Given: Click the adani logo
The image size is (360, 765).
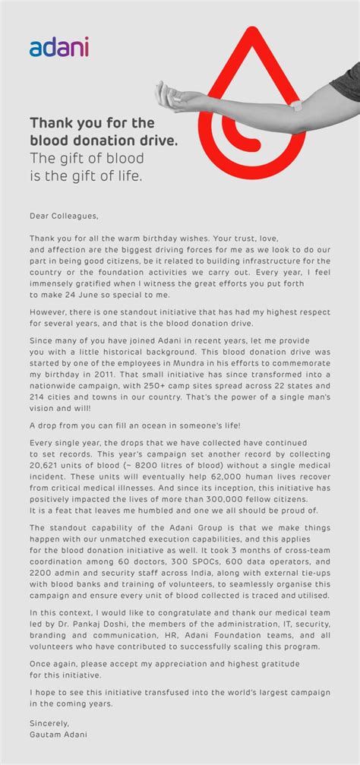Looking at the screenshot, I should pyautogui.click(x=59, y=48).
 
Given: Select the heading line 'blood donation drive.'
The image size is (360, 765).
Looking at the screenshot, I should pyautogui.click(x=93, y=140).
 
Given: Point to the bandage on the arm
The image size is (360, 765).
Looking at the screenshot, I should pyautogui.click(x=296, y=106).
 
